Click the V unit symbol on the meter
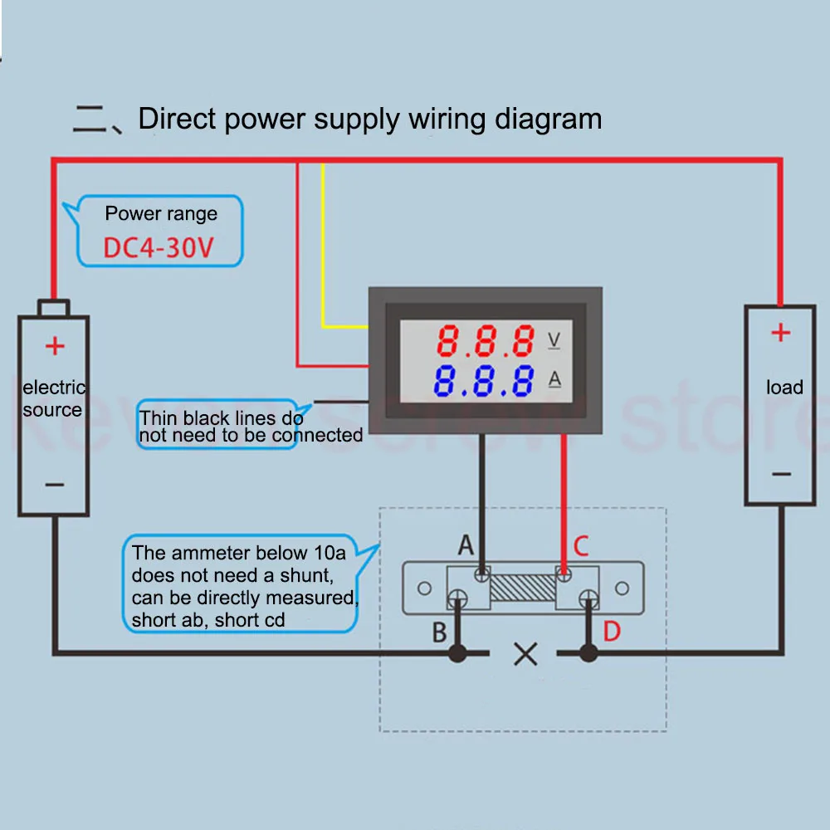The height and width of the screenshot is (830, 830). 554,339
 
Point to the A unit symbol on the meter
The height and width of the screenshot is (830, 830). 554,380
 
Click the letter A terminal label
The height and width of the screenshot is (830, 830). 466,545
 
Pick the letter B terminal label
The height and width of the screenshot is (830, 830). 439,632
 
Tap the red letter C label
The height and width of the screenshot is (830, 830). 581,546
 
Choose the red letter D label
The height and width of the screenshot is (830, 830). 611,632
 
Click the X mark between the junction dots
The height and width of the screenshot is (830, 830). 525,655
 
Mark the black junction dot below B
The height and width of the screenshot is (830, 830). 457,654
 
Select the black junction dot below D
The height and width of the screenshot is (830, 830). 588,654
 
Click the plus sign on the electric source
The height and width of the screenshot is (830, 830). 54,345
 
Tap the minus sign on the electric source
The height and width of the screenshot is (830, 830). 54,484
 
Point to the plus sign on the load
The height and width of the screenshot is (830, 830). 780,333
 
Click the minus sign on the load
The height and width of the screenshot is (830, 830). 781,474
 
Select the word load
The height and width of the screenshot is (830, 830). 784,388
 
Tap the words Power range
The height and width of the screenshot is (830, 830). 161,214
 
